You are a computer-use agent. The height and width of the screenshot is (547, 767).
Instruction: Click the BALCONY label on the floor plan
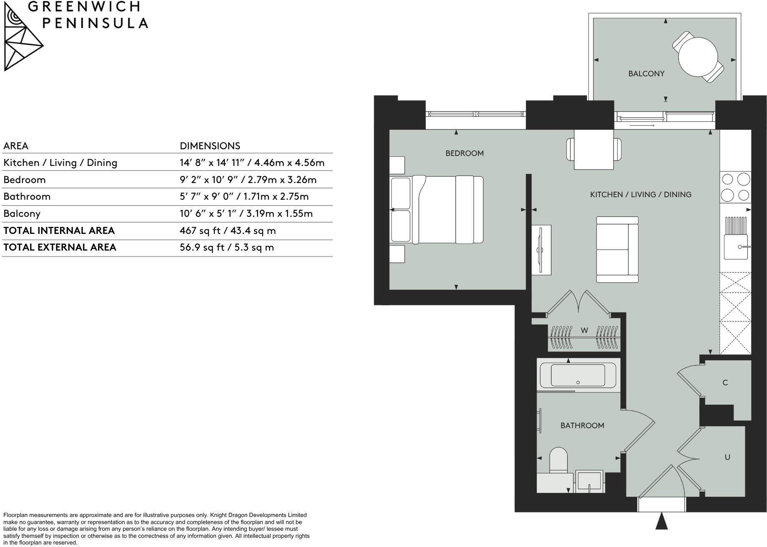[646, 74]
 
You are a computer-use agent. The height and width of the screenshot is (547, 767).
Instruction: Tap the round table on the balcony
[698, 57]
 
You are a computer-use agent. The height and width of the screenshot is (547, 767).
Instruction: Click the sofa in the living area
[617, 250]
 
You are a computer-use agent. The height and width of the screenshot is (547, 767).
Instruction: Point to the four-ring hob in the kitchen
[736, 187]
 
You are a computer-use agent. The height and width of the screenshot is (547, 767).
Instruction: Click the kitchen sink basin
[735, 247]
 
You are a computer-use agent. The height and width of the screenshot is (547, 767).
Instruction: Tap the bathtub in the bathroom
[578, 376]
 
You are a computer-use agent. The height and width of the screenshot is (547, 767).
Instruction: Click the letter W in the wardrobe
[584, 331]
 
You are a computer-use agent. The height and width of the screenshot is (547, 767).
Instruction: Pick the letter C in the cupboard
[725, 383]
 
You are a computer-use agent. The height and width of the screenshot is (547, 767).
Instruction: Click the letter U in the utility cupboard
[727, 457]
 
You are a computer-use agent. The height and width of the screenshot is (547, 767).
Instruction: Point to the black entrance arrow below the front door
[662, 522]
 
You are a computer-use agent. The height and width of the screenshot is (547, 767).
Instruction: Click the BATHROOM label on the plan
[582, 426]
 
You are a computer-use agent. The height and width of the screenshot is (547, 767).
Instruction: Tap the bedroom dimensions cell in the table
[248, 180]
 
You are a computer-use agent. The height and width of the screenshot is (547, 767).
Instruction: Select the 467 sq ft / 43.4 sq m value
[228, 231]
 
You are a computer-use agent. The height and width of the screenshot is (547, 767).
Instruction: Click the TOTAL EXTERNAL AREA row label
[60, 247]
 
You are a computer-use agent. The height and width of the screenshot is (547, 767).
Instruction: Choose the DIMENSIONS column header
[210, 146]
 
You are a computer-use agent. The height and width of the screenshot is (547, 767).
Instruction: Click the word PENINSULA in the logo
[95, 23]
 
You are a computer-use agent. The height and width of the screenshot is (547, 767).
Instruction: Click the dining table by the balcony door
[594, 149]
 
